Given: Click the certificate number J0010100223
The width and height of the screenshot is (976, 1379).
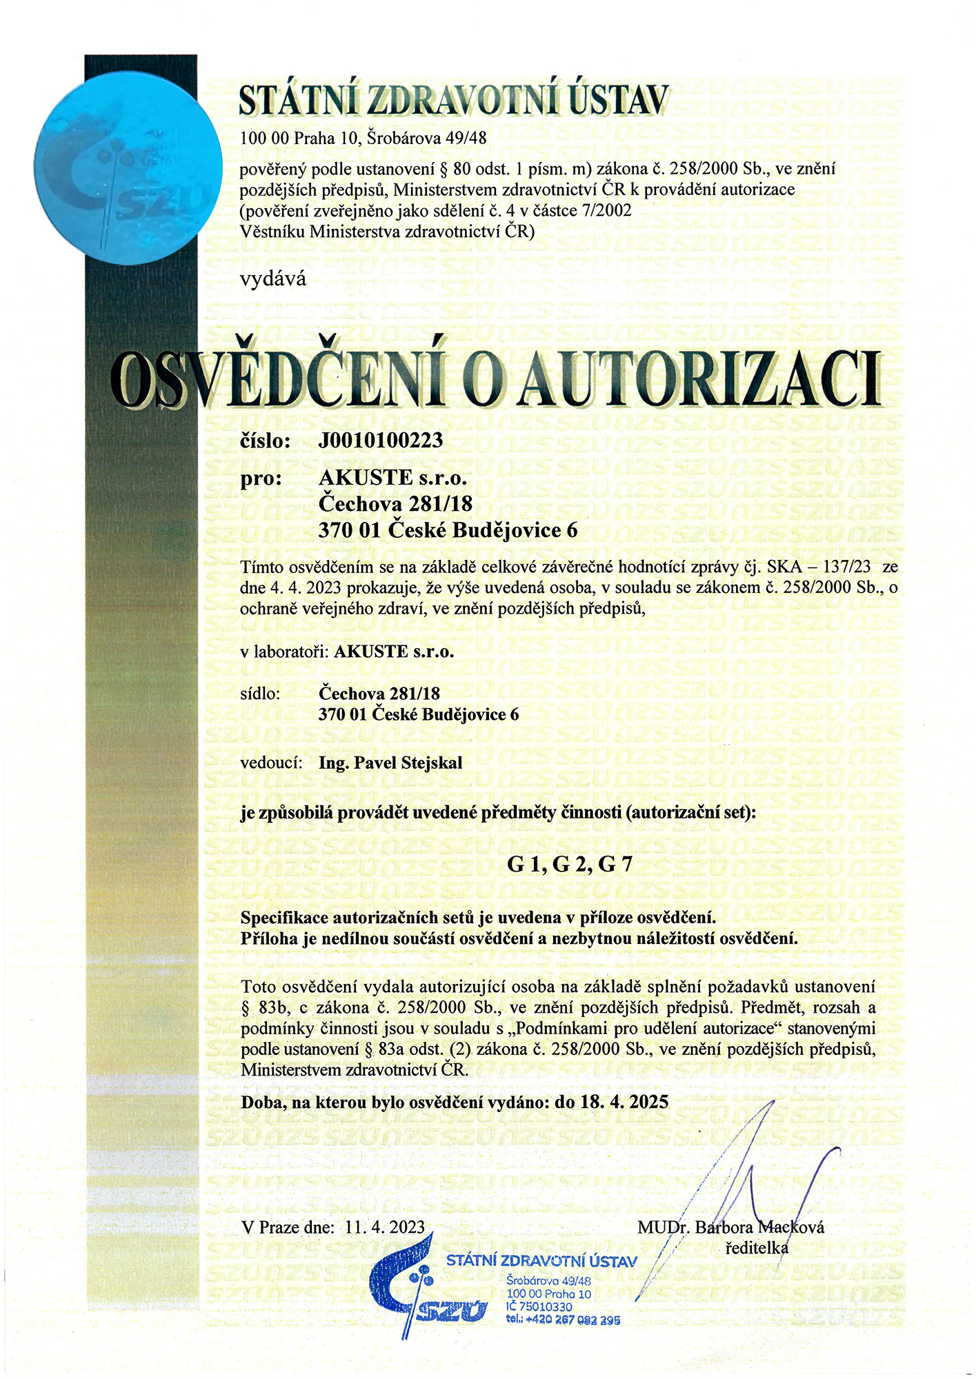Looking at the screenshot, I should pyautogui.click(x=380, y=440).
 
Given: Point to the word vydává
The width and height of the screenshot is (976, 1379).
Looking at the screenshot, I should pyautogui.click(x=272, y=279).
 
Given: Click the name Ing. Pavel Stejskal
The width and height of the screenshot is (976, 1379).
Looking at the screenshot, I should pyautogui.click(x=390, y=763).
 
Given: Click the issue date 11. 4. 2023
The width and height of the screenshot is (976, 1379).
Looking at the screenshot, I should pyautogui.click(x=386, y=1227).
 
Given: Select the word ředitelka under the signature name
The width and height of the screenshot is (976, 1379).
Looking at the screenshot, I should pyautogui.click(x=757, y=1248).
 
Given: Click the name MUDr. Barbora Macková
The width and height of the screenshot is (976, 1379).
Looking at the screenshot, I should pyautogui.click(x=730, y=1227).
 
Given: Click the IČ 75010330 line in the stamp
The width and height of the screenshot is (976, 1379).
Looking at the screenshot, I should pyautogui.click(x=539, y=1307).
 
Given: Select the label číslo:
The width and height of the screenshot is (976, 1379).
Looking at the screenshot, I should pyautogui.click(x=266, y=441).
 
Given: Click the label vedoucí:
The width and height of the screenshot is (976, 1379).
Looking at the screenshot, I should pyautogui.click(x=272, y=763).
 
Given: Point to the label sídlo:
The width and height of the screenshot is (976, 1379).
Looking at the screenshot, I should pyautogui.click(x=260, y=693).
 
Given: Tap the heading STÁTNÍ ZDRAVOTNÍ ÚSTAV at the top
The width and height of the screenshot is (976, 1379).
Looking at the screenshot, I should pyautogui.click(x=454, y=100).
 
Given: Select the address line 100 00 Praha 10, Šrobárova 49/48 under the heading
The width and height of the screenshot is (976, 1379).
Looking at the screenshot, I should pyautogui.click(x=363, y=138).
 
